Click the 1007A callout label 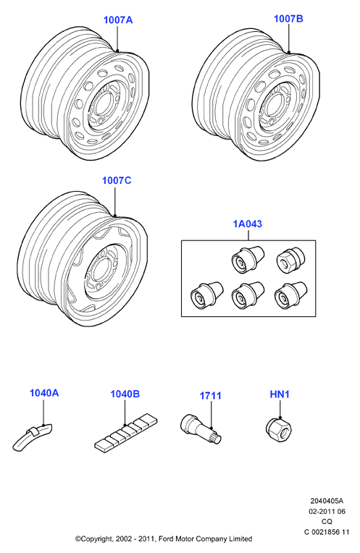tap(118, 20)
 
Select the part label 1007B tap(288, 19)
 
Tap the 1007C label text tap(117, 180)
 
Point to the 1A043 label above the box tap(248, 224)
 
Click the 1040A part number tap(44, 393)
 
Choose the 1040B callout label tap(125, 394)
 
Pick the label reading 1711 tap(211, 396)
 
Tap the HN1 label tap(280, 394)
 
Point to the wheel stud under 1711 tap(200, 429)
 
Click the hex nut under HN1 tap(279, 429)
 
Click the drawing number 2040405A tap(327, 501)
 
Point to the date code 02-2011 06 tap(327, 512)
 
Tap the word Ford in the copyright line tap(166, 539)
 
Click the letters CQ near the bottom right tap(327, 522)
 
